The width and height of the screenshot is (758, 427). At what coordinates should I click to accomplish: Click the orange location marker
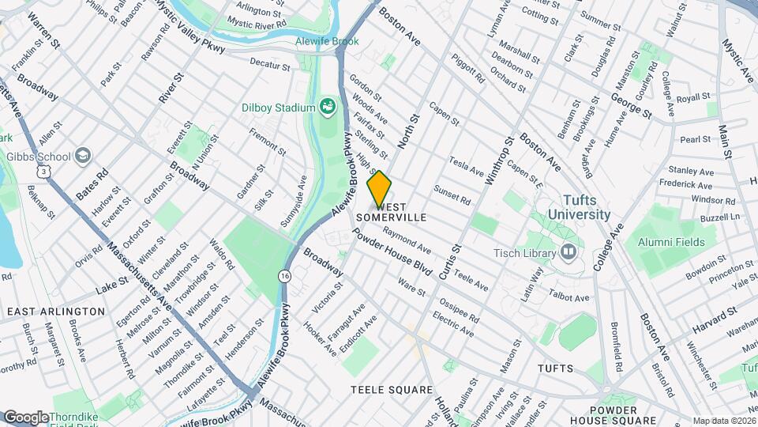click(380, 189)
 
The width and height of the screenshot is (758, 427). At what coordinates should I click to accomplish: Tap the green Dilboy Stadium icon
click(328, 107)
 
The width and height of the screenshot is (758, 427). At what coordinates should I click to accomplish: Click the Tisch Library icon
click(568, 252)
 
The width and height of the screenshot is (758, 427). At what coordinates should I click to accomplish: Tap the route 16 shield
click(283, 276)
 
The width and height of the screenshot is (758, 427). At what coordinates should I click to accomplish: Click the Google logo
click(26, 418)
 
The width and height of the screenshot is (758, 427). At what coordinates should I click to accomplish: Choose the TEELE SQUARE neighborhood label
click(392, 390)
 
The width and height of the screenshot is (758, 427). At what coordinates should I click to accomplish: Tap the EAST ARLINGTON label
click(55, 312)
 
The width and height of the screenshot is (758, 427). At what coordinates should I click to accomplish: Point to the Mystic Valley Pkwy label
click(189, 25)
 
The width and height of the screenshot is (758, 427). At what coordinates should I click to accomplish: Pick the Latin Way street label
click(538, 283)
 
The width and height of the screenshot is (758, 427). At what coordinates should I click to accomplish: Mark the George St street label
click(631, 105)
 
